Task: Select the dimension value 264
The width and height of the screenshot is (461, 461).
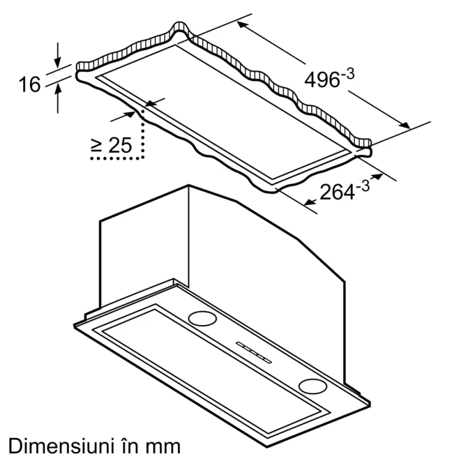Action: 337,192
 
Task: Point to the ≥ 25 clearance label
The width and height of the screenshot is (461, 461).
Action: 112,145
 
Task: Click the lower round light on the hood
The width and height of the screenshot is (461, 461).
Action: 312,386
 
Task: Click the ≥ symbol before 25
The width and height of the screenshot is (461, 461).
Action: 97,146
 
